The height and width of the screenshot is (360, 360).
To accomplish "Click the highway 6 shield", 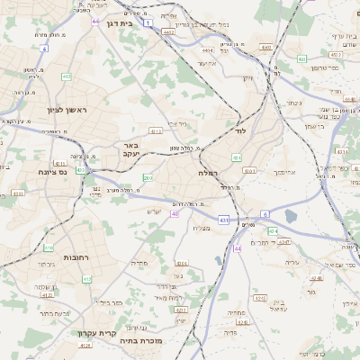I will click(238, 248).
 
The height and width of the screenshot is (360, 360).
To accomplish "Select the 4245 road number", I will click(284, 241).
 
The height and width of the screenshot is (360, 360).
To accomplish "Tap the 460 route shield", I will click(302, 59).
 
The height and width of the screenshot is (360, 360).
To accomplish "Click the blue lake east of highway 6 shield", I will click(292, 215).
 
